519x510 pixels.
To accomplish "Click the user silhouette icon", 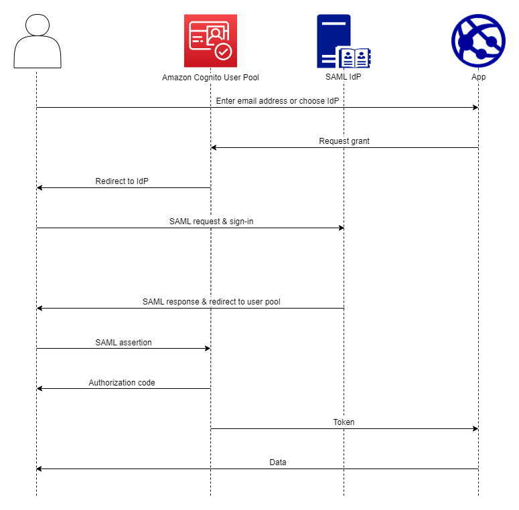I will pyautogui.click(x=37, y=41).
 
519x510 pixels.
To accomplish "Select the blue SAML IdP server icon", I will pyautogui.click(x=344, y=41).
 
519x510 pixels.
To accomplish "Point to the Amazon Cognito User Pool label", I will pyautogui.click(x=210, y=78).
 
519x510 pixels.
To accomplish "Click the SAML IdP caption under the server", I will pyautogui.click(x=344, y=77).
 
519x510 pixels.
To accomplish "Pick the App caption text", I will pyautogui.click(x=478, y=77).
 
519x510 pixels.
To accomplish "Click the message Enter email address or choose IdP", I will pyautogui.click(x=281, y=101).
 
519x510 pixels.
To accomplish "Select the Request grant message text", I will pyautogui.click(x=344, y=141).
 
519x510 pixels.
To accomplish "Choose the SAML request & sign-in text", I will pyautogui.click(x=211, y=222).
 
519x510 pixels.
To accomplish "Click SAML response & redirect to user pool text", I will pyautogui.click(x=211, y=302).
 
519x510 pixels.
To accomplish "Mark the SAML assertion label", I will pyautogui.click(x=123, y=342).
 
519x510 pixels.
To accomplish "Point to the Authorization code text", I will pyautogui.click(x=122, y=383).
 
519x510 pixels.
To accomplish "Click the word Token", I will pyautogui.click(x=344, y=422).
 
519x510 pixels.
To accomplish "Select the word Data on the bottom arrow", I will pyautogui.click(x=278, y=462).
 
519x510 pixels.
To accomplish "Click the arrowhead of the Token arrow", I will pyautogui.click(x=475, y=428).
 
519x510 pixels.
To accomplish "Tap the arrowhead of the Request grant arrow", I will pyautogui.click(x=214, y=147).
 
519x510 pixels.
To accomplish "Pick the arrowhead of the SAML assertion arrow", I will pyautogui.click(x=207, y=348).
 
